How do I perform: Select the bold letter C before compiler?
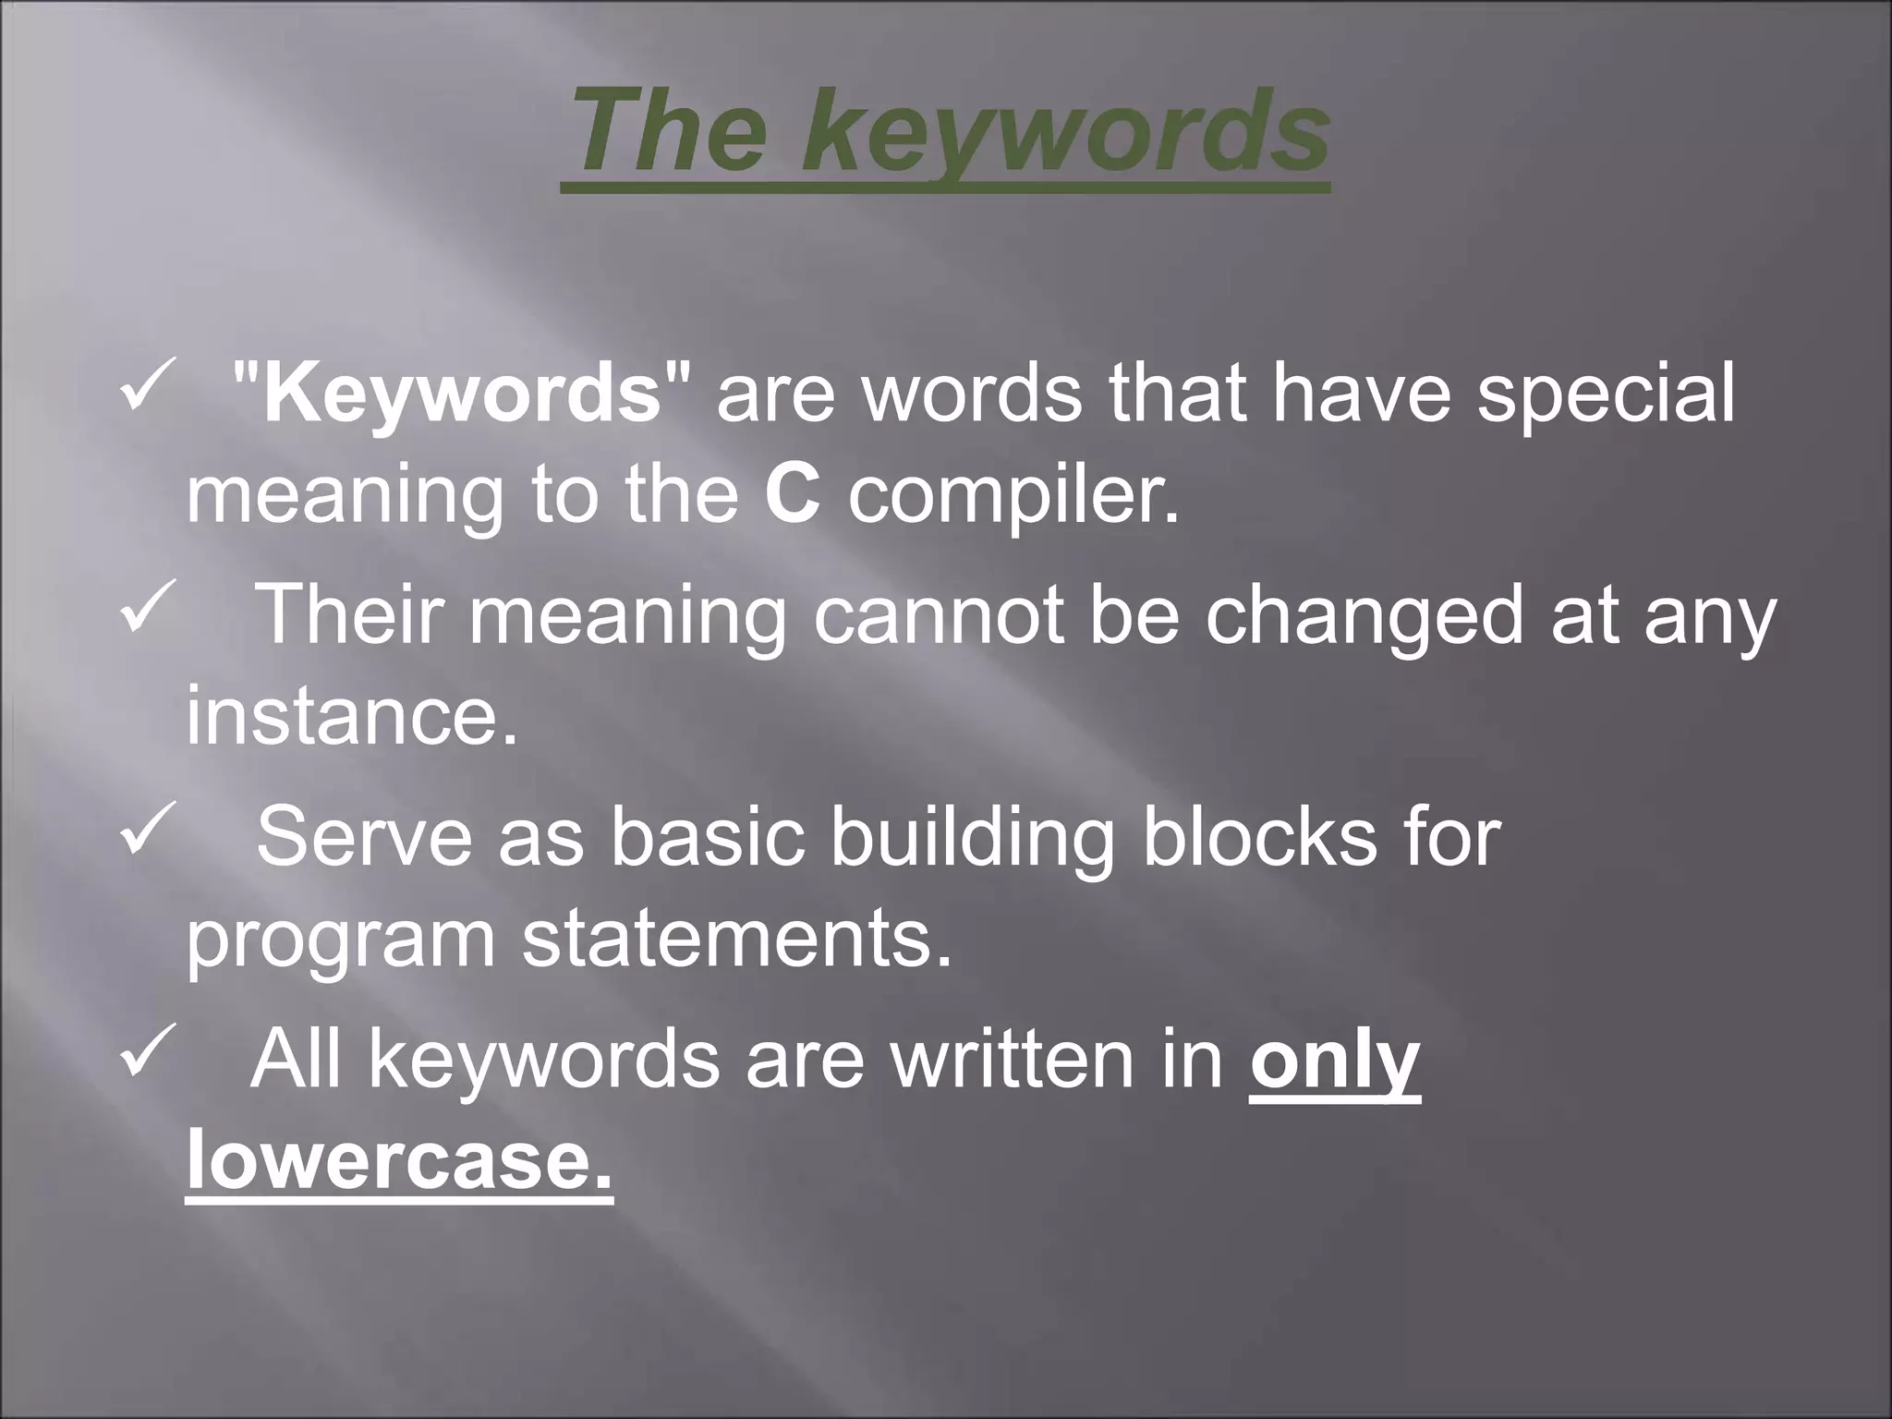pos(793,495)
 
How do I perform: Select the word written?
pos(1013,1059)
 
